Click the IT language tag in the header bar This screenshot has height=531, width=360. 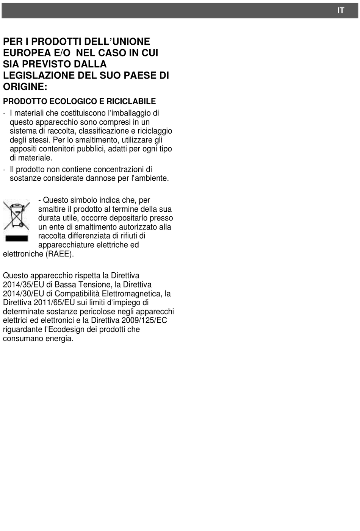point(341,11)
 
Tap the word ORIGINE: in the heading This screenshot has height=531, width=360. point(25,86)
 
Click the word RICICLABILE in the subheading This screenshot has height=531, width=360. point(131,101)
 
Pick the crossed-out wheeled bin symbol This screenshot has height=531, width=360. point(16,215)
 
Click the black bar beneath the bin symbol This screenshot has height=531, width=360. point(16,238)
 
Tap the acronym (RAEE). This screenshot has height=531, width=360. point(59,254)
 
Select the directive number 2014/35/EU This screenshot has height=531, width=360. point(23,284)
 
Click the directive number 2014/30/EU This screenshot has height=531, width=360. point(23,294)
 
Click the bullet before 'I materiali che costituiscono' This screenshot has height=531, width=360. point(4,113)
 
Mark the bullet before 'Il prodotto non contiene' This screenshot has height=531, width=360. point(4,170)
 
